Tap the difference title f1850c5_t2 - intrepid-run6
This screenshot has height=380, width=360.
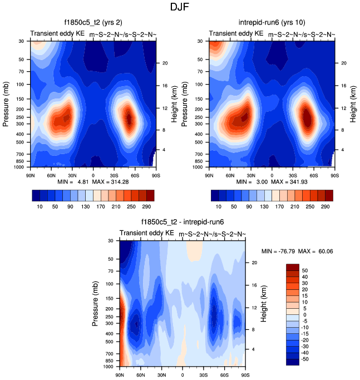pos(182,222)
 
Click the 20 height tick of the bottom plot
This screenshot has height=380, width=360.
pos(254,262)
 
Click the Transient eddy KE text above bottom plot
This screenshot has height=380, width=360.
pos(146,233)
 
